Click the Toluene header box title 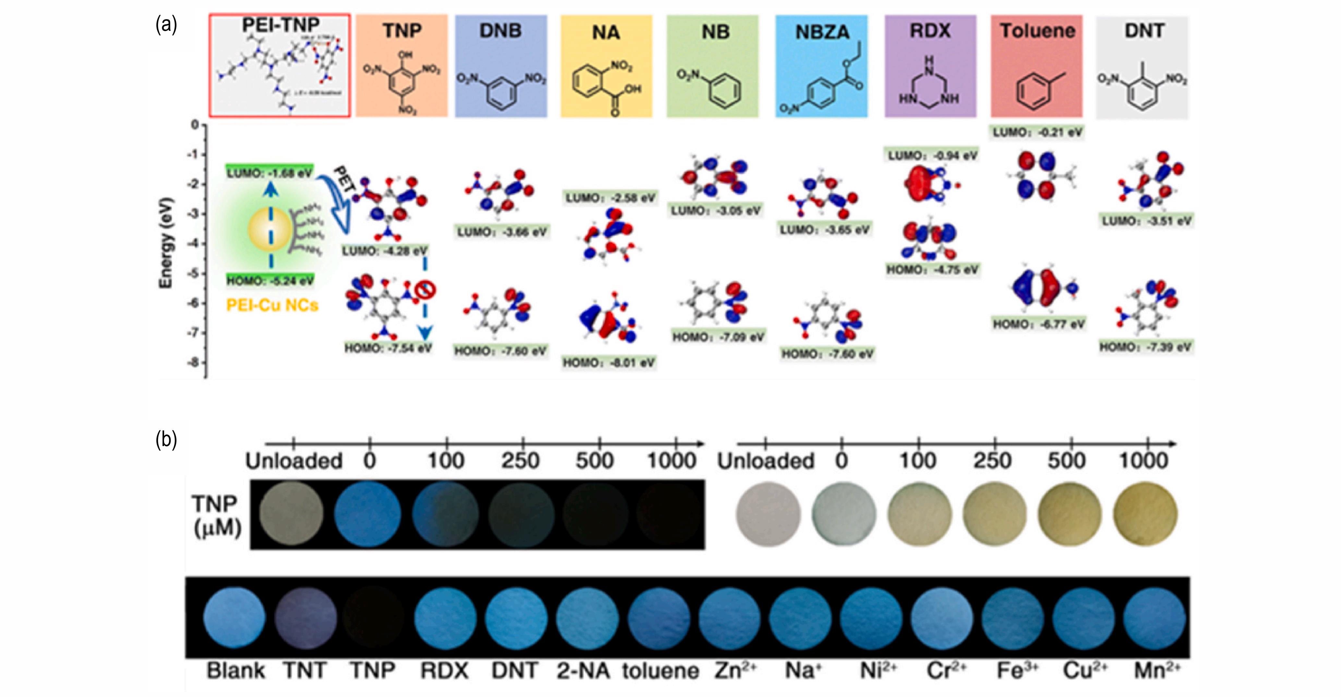point(1037,31)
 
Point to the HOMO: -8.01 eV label point(608,362)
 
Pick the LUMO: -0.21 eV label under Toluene point(1037,133)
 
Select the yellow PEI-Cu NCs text point(272,305)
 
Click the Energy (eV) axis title point(165,242)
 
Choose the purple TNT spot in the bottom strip point(305,619)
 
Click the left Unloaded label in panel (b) point(294,461)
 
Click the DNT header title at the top point(1144,31)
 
